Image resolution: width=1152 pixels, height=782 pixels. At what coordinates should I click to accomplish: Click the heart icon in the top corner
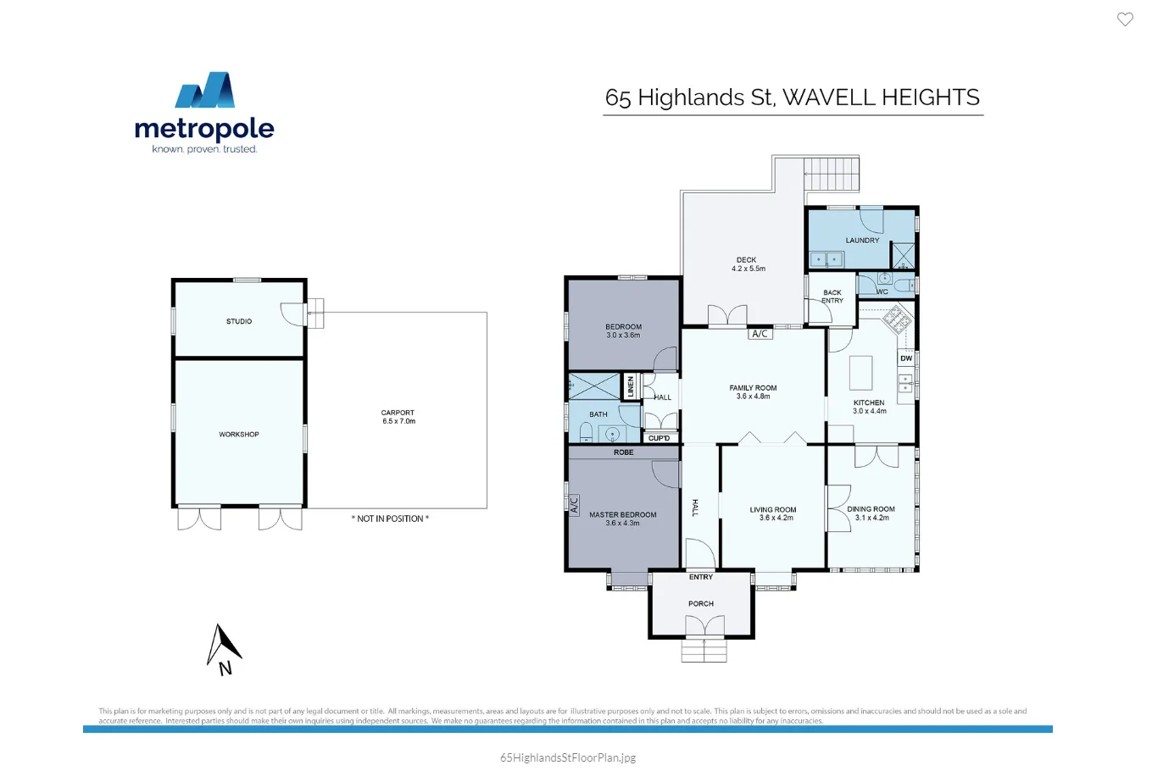[x=1125, y=19]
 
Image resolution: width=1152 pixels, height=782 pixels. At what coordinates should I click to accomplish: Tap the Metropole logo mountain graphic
[x=205, y=90]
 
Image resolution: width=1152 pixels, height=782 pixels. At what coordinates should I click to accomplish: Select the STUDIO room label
[x=239, y=322]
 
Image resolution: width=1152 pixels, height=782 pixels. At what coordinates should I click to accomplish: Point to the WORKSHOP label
[x=239, y=435]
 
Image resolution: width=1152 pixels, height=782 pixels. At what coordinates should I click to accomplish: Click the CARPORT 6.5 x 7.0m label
[x=398, y=417]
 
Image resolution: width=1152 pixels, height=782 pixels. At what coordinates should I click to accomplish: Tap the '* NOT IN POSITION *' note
[x=390, y=519]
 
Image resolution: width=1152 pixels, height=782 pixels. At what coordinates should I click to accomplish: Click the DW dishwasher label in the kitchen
[x=906, y=358]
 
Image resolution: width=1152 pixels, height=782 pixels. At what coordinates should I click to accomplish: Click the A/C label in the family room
[x=760, y=334]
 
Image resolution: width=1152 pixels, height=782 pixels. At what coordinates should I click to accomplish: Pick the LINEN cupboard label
[x=630, y=387]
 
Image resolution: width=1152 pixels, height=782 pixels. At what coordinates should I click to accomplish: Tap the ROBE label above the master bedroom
[x=624, y=452]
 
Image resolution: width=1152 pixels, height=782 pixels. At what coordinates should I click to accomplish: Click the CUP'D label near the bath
[x=659, y=438]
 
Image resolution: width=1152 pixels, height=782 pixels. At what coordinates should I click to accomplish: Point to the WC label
[x=882, y=292]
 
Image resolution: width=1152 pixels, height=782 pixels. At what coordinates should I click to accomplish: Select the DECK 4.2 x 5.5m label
[x=747, y=264]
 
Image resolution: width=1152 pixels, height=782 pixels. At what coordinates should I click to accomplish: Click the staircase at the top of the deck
[x=831, y=175]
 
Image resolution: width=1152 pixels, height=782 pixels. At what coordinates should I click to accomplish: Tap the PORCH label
[x=701, y=604]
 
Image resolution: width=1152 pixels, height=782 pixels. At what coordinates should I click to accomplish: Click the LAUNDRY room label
[x=862, y=241]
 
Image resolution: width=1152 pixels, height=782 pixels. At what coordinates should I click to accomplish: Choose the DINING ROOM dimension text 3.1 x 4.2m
[x=871, y=518]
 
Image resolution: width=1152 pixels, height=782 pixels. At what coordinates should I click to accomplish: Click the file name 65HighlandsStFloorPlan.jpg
[x=568, y=758]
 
